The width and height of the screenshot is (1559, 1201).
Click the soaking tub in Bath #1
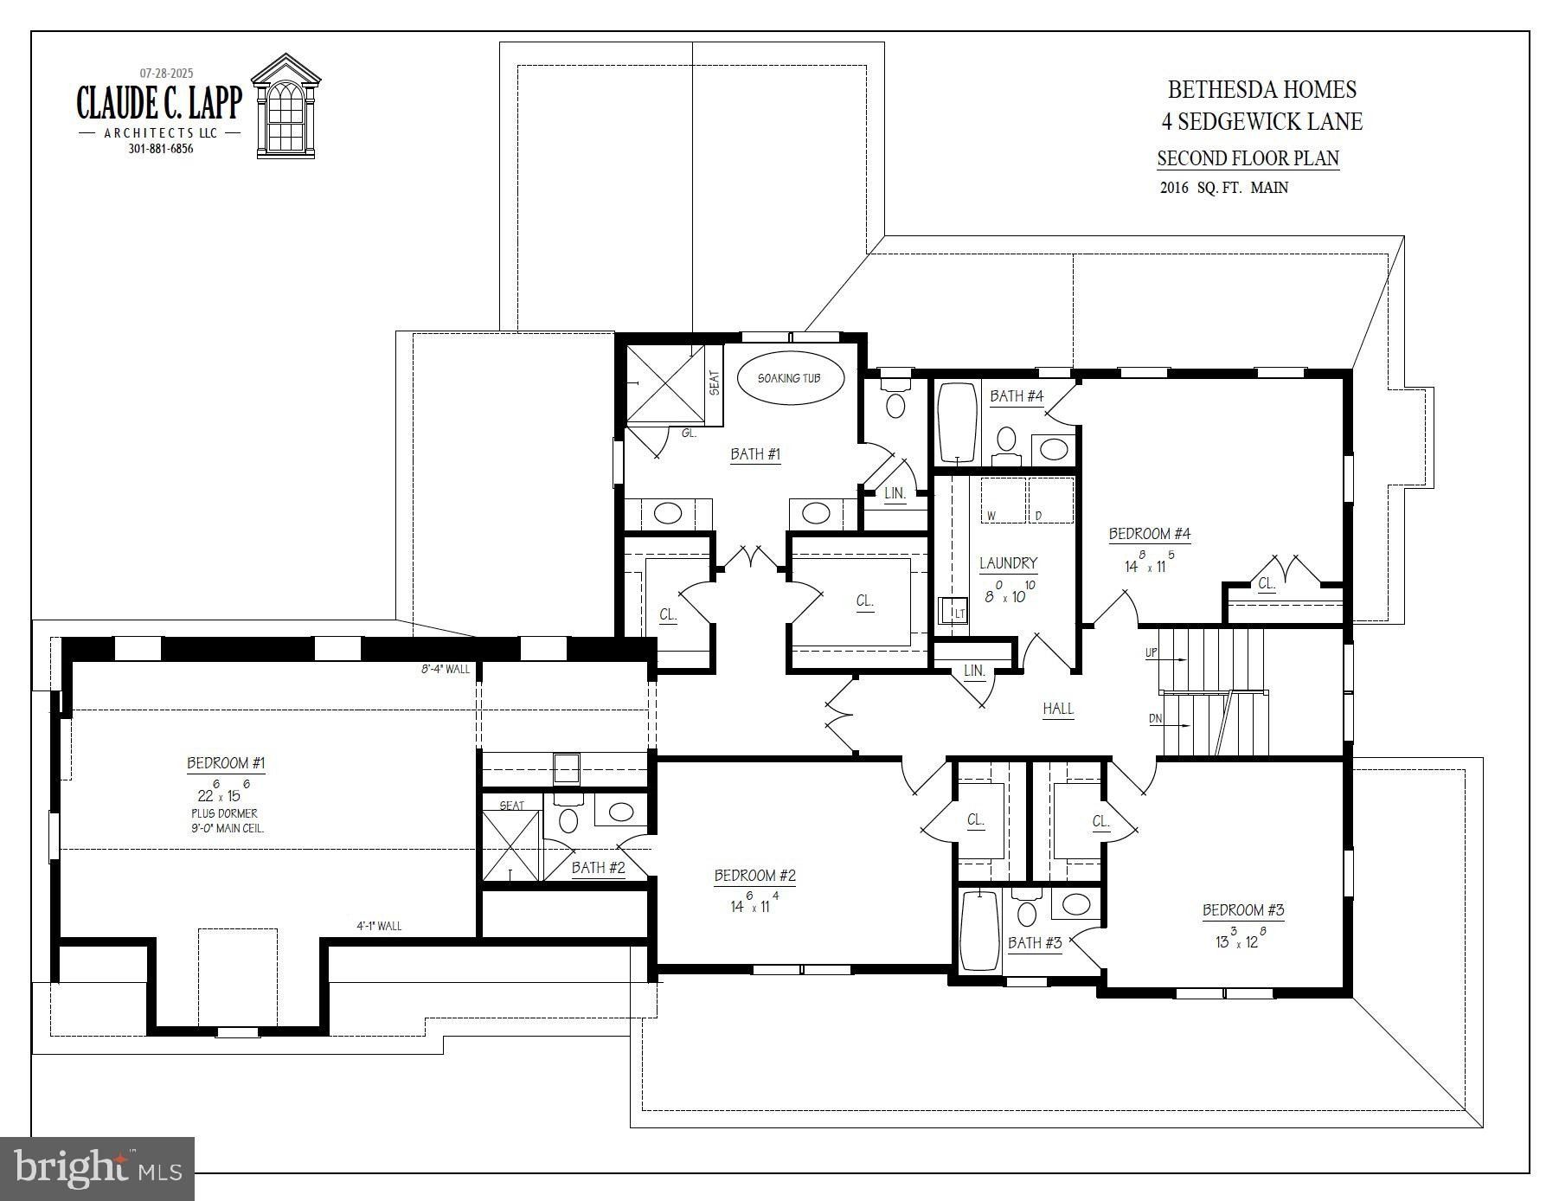(789, 378)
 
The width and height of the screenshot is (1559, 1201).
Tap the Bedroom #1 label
(226, 763)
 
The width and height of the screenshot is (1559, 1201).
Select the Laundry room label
(1008, 563)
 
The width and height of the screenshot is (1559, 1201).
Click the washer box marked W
(1002, 499)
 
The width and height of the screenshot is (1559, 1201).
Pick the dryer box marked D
(1050, 499)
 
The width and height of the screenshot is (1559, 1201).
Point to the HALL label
(1057, 709)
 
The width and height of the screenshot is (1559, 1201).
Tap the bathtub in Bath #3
(979, 931)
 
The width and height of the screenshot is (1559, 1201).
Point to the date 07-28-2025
(167, 74)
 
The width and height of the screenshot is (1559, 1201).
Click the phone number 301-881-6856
(161, 149)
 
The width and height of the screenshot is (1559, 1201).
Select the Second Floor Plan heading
(1248, 158)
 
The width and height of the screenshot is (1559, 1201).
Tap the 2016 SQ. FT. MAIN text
(1223, 188)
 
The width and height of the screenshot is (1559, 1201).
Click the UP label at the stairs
(1151, 653)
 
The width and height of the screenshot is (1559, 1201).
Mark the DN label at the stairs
(1155, 719)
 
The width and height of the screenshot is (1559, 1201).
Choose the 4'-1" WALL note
(379, 926)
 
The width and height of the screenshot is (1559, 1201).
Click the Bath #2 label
(598, 867)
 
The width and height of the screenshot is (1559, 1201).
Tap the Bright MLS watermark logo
(99, 1169)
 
